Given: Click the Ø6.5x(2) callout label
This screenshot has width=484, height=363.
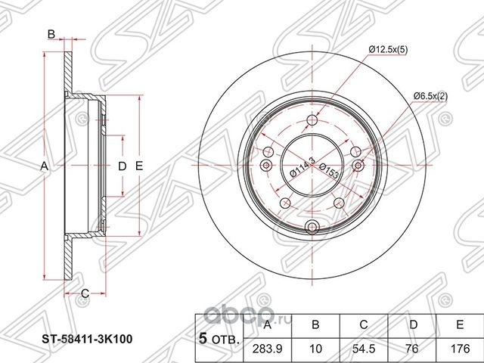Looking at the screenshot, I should [431, 96].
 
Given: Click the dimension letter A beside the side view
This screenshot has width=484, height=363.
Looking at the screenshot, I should [45, 166].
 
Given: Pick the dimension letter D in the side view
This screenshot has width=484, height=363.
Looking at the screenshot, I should [119, 166].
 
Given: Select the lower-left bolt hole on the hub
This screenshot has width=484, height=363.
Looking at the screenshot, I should [287, 203].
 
